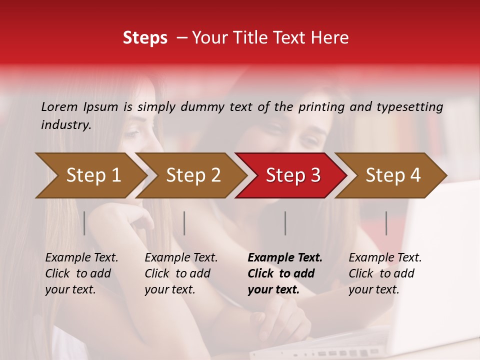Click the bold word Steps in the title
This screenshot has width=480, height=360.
tap(145, 38)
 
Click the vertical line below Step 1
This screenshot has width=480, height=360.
tap(84, 223)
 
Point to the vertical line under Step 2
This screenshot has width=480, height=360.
tap(184, 223)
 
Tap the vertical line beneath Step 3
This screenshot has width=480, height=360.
tap(285, 223)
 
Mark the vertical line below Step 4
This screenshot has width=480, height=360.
tap(386, 223)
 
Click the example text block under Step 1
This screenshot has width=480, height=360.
tap(81, 273)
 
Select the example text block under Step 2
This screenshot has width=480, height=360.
tap(181, 273)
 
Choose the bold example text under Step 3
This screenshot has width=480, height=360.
tap(285, 273)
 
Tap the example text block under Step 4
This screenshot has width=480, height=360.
tap(385, 273)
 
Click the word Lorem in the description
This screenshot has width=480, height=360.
tap(59, 106)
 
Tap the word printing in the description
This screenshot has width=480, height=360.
tap(321, 106)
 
